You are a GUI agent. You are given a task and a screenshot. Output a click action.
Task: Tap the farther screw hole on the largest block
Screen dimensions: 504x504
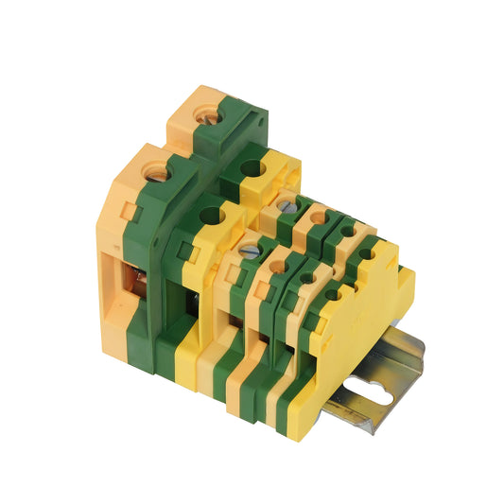202,114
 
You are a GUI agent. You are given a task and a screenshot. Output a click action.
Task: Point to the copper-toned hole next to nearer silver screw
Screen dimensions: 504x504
277,268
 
